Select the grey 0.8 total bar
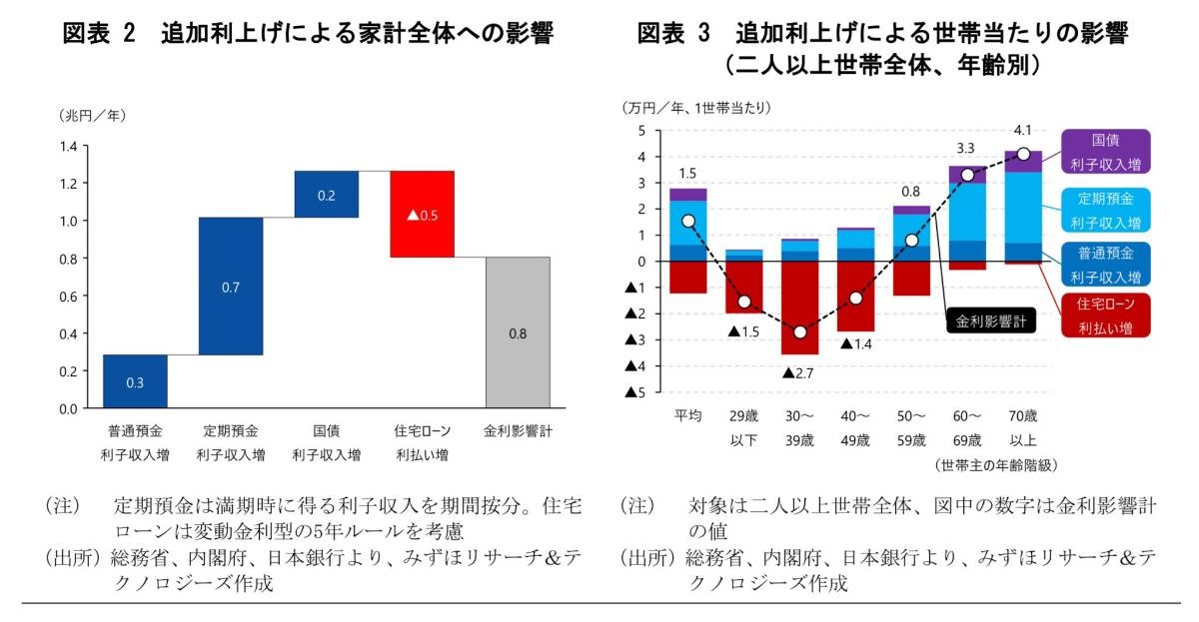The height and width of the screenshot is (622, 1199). (x=518, y=332)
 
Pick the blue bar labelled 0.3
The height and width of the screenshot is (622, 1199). (x=135, y=381)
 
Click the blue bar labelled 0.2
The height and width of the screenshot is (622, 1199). (x=327, y=194)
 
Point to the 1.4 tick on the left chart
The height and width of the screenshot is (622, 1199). (x=68, y=147)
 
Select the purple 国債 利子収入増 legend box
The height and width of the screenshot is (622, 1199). (x=1104, y=152)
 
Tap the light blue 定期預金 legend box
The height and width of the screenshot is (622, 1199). (x=1104, y=209)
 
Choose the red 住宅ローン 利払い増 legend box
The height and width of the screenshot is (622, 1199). (x=1104, y=314)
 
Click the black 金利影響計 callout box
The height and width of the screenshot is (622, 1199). (x=991, y=321)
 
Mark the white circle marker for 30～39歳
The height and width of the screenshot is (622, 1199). (x=799, y=331)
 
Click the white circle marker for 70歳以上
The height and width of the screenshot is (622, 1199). (x=1023, y=154)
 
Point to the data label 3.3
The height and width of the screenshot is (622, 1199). (x=966, y=149)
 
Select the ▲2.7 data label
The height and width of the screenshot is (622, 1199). (x=799, y=373)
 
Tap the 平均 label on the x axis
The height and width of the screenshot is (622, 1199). (x=687, y=415)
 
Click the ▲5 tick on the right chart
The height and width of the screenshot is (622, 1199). (x=631, y=392)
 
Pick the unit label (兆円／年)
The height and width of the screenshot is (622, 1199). (x=92, y=115)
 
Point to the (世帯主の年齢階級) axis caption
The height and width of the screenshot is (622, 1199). (x=996, y=465)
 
